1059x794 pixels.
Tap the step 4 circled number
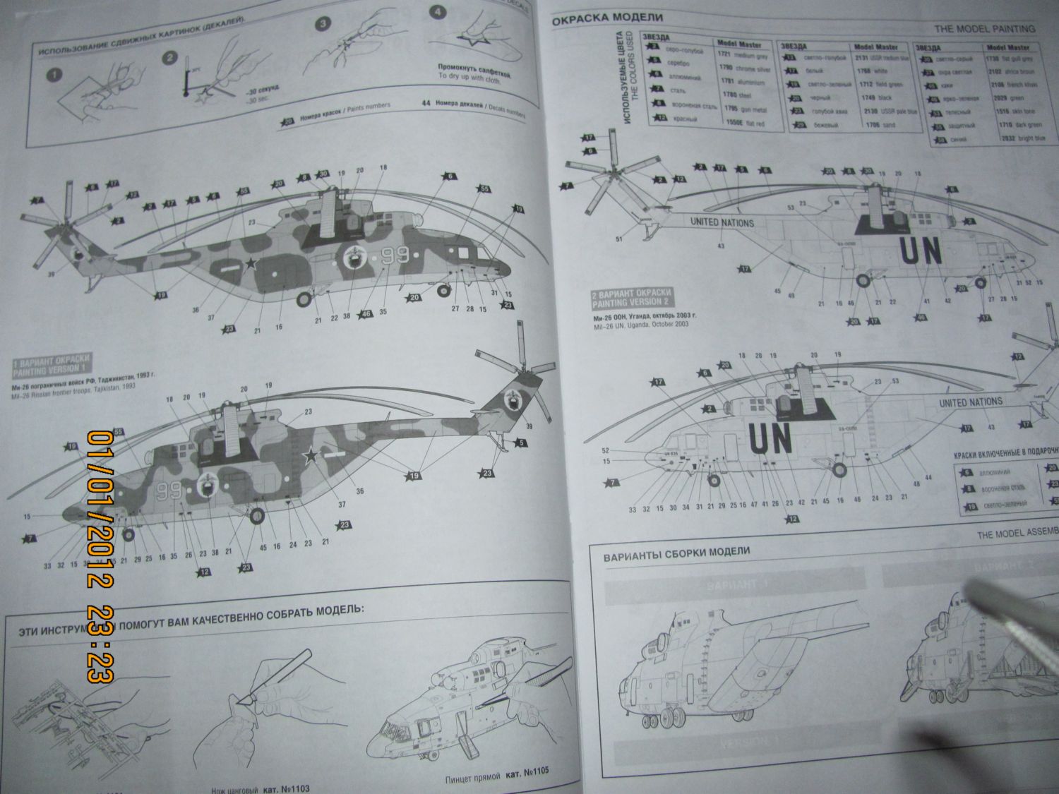point(438,13)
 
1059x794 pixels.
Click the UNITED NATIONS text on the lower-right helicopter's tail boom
point(970,402)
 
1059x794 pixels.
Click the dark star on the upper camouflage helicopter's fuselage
point(251,265)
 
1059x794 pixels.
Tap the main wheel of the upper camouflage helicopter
point(303,299)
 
